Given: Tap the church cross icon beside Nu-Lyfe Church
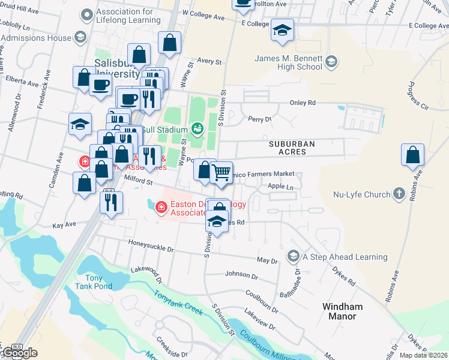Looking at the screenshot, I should [x=398, y=194].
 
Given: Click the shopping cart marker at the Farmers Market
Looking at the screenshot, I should [x=222, y=173].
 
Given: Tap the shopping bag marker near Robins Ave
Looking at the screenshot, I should [x=412, y=155].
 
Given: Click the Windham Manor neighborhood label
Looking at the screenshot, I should [x=343, y=311].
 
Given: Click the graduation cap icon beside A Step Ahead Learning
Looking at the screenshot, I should [x=294, y=256].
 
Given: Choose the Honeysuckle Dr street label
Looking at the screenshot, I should [x=151, y=246].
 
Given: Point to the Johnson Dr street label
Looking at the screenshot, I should [x=241, y=275].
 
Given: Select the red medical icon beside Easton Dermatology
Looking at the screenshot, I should [x=160, y=208].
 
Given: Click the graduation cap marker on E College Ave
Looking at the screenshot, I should [x=282, y=29].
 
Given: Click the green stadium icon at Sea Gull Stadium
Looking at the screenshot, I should [x=197, y=129].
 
